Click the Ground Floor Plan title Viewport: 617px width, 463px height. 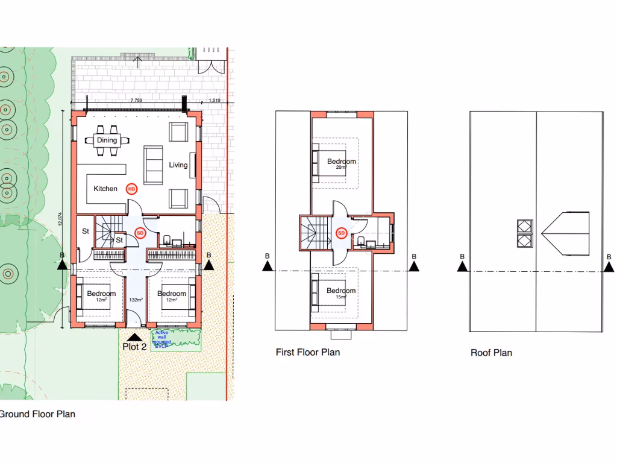[x=37, y=414]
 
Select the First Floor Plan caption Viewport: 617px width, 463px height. [x=307, y=352]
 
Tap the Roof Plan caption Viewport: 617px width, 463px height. [x=491, y=353]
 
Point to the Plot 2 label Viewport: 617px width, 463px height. [x=134, y=347]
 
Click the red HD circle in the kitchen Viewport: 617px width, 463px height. [x=131, y=189]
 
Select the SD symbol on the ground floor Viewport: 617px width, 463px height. [x=140, y=233]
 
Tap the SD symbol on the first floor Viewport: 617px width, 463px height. [x=341, y=233]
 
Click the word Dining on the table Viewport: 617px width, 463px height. [x=107, y=140]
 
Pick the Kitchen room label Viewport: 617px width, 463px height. [x=105, y=189]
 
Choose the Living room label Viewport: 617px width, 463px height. [x=178, y=165]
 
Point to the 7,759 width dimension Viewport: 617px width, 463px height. [x=136, y=101]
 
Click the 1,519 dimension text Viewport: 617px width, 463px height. [x=215, y=101]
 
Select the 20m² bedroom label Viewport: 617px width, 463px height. [x=342, y=164]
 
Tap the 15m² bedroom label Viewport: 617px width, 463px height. [x=341, y=294]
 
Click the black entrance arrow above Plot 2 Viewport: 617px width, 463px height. [x=134, y=338]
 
